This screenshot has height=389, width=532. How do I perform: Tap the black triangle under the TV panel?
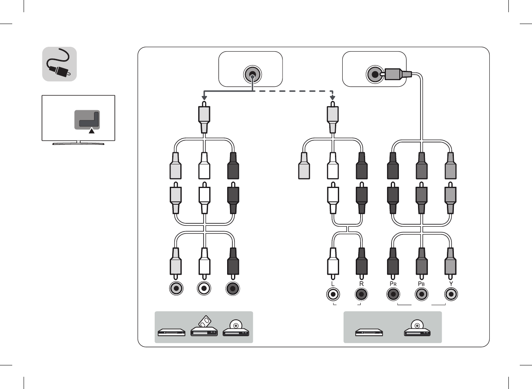coord(92,131)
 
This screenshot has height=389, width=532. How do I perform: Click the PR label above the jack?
coord(393,284)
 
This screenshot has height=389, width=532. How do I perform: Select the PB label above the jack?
coord(421,284)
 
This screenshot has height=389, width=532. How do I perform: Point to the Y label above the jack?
coord(451,284)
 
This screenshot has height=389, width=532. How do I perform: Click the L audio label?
coord(333,284)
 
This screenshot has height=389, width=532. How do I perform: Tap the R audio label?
coord(361,284)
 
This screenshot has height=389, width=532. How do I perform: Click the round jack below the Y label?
coord(451,294)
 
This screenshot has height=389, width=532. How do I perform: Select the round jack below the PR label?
coord(393,294)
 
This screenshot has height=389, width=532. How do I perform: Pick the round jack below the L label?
coord(333,294)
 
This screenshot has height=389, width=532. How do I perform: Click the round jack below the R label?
coord(361,294)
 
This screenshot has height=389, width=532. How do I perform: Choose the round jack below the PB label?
coord(422,294)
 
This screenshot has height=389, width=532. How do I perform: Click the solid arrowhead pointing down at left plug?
coord(204,98)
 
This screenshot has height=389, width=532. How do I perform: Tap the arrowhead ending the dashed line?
coord(333,98)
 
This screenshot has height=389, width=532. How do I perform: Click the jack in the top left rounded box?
coord(252,74)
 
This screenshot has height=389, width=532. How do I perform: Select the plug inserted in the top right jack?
coord(397,74)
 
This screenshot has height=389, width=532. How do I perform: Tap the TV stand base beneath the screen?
coord(79,143)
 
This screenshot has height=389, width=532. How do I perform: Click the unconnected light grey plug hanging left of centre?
coord(304,166)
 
